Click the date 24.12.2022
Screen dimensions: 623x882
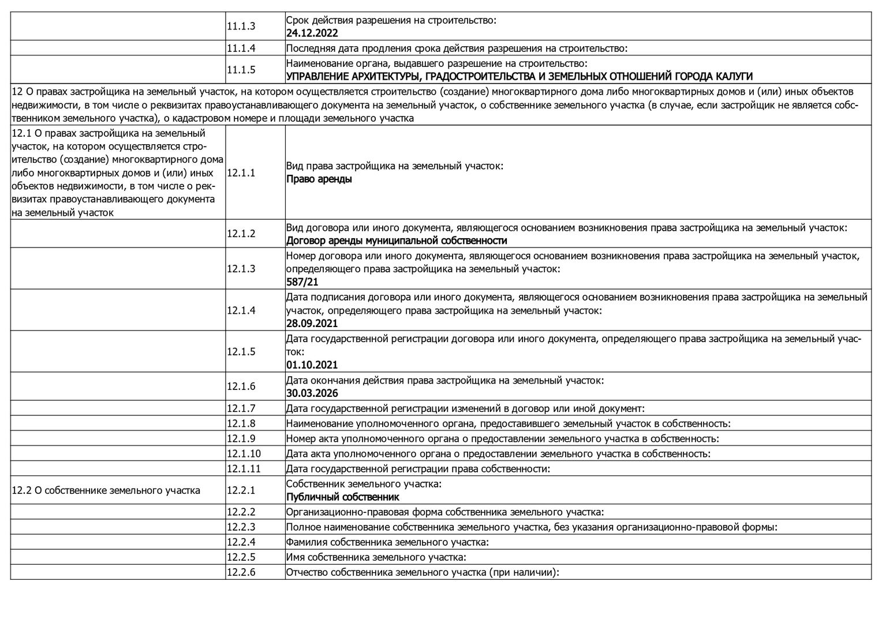(x=312, y=33)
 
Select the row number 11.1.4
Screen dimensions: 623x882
(x=241, y=48)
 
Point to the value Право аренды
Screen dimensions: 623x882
(x=319, y=179)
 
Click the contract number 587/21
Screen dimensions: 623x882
(x=302, y=282)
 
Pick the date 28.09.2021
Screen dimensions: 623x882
(x=312, y=324)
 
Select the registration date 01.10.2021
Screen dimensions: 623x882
(x=312, y=365)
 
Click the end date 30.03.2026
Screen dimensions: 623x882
(x=312, y=393)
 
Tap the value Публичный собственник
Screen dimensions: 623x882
(x=343, y=497)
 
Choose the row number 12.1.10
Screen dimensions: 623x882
(x=244, y=453)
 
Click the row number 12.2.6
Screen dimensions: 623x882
(x=241, y=572)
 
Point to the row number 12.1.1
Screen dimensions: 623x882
(x=241, y=172)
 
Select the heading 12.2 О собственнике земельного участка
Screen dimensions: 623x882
(x=106, y=490)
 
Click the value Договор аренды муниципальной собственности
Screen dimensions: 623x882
(x=397, y=241)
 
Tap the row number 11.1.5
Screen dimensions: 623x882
(x=241, y=70)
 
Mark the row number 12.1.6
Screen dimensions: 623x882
(x=241, y=386)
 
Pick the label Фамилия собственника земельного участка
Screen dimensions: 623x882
(x=387, y=542)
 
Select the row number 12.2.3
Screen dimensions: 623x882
(x=241, y=527)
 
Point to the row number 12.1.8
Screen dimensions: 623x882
(x=241, y=423)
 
